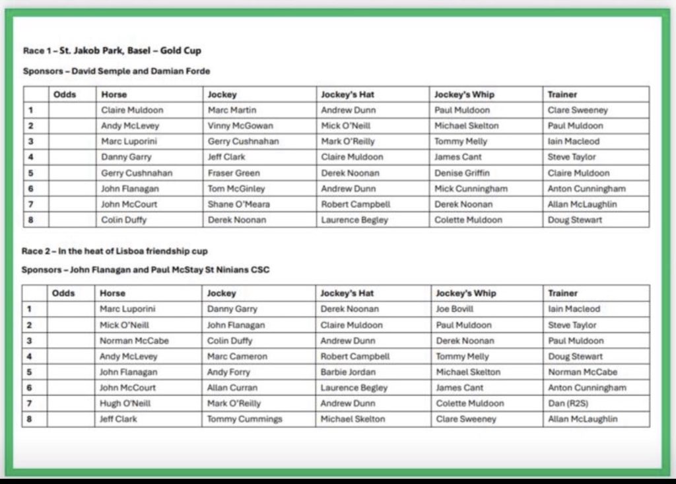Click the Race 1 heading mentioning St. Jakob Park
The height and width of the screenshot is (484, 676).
[x=112, y=50]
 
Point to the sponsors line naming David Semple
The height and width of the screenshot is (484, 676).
[x=116, y=71]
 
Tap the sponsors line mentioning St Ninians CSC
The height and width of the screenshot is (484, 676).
[x=145, y=269]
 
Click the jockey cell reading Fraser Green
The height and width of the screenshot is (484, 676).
[x=230, y=173]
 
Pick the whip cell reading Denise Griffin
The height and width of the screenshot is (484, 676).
[x=462, y=173]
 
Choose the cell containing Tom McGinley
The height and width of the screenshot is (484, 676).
[x=236, y=189]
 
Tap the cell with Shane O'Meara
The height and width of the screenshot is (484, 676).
[x=238, y=204]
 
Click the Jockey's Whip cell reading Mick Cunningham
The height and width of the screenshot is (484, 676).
[x=471, y=189]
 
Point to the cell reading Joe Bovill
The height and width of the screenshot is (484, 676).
[x=455, y=308]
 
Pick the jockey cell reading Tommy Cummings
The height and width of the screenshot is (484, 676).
[x=244, y=419]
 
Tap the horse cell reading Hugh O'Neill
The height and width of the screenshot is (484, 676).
[x=125, y=403]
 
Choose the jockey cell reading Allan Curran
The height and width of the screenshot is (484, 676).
[x=232, y=388]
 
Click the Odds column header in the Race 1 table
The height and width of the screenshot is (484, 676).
[x=65, y=94]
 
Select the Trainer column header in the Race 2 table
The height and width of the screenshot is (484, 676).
[x=562, y=293]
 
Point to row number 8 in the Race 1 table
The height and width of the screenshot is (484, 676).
[x=30, y=220]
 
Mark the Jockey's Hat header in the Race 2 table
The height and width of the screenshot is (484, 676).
[x=347, y=293]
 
